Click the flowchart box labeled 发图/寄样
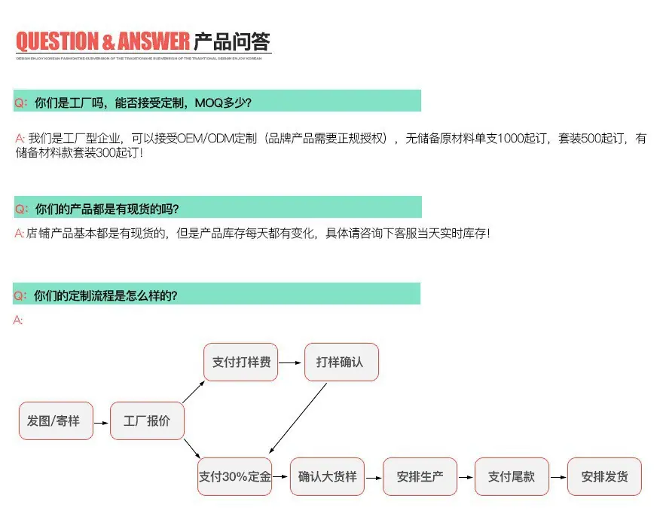point(53,421)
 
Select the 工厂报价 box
point(147,421)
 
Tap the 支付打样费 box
point(241,362)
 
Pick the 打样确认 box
point(341,362)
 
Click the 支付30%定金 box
point(235,477)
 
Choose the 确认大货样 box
point(328,477)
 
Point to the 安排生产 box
point(420,477)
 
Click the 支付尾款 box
point(512,477)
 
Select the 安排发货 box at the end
point(605,477)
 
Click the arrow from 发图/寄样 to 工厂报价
point(100,421)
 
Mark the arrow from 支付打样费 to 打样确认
point(291,362)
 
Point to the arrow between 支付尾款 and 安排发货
point(558,477)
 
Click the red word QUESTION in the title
point(57,41)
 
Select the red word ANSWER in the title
point(154,41)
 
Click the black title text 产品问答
point(232,41)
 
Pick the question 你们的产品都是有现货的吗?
point(107,209)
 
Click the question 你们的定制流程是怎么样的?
point(106,295)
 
